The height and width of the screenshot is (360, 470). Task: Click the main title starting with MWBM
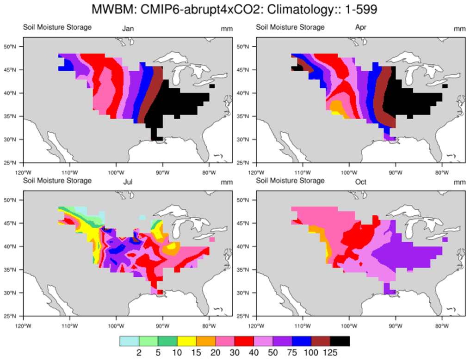[235, 9]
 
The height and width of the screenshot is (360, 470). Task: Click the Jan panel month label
[128, 29]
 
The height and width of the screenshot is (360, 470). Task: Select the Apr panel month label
[361, 28]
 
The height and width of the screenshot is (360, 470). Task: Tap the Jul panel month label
[128, 182]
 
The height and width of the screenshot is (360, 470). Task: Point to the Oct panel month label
[361, 182]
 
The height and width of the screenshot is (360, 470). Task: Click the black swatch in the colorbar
[340, 341]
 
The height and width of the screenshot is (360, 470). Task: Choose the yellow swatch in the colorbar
[186, 341]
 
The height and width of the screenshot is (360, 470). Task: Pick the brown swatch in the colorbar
[321, 341]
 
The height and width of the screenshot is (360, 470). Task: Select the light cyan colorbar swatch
[129, 341]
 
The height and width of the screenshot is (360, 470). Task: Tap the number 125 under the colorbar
[330, 353]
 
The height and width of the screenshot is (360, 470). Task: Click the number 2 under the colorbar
[139, 353]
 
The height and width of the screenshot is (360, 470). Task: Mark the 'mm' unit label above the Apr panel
[459, 29]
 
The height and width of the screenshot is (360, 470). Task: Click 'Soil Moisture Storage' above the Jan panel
[57, 27]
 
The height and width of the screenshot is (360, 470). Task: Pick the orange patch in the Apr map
[336, 107]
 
